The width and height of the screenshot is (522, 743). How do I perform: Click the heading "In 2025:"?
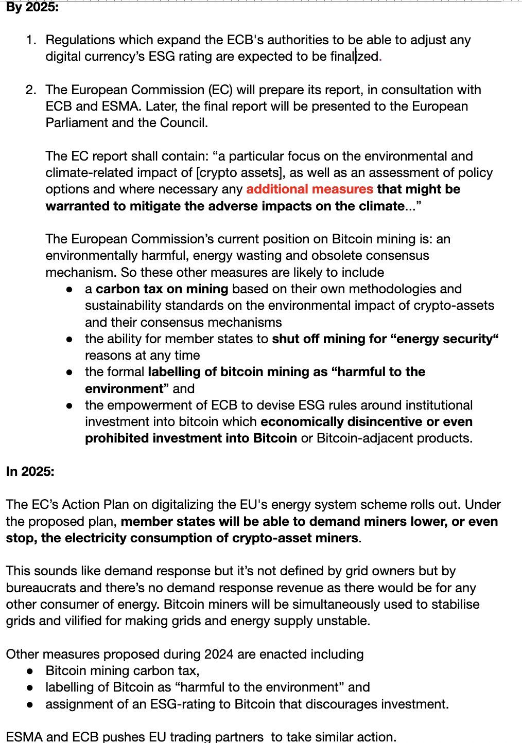click(30, 471)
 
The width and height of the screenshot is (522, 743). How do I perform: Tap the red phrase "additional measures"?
click(309, 189)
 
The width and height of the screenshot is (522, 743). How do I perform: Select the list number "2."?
click(31, 90)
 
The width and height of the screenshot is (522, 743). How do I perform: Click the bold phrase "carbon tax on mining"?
click(162, 289)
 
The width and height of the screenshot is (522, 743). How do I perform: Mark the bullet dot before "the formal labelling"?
click(69, 372)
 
